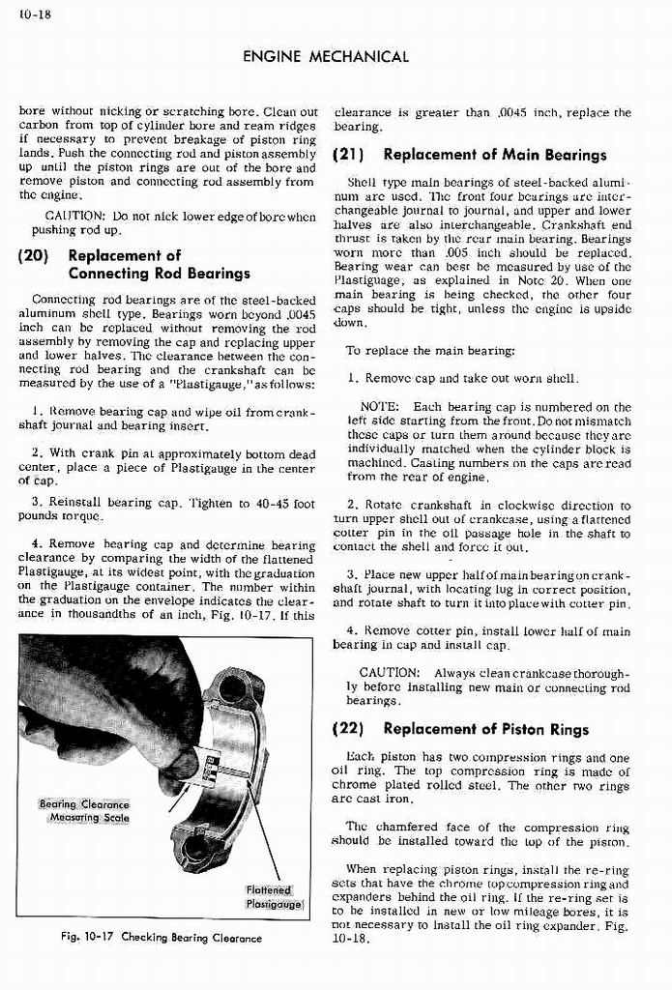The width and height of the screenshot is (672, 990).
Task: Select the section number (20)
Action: point(37,256)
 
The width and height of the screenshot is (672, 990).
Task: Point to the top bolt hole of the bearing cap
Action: point(233,688)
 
